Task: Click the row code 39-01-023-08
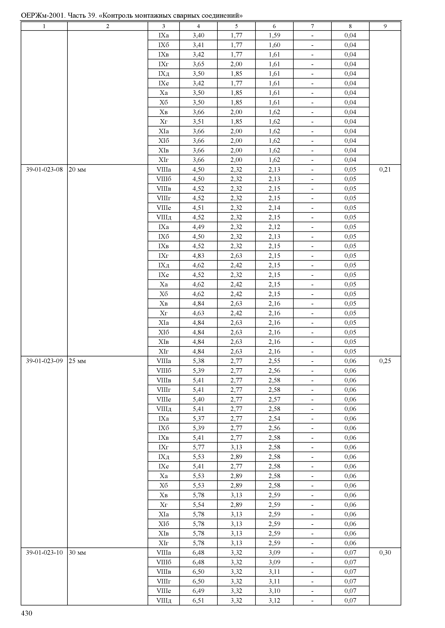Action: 44,170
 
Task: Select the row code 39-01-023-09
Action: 44,361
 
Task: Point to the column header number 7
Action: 312,26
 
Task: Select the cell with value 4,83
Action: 198,256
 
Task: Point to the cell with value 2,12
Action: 274,227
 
